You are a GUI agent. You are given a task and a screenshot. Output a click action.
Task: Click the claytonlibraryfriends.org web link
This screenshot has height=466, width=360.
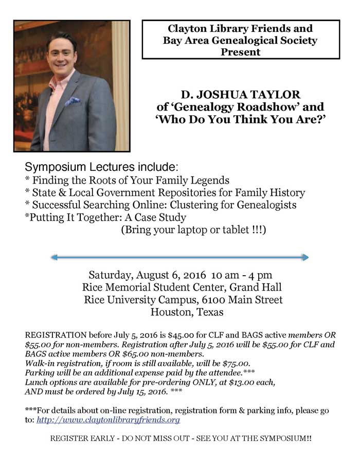click(108, 420)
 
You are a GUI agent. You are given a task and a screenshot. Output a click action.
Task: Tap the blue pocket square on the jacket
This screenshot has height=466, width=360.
click(73, 101)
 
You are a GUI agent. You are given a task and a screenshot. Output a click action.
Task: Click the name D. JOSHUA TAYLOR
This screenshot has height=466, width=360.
click(240, 95)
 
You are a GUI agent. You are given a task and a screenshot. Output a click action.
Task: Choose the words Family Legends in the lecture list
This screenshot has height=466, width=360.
click(195, 181)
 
